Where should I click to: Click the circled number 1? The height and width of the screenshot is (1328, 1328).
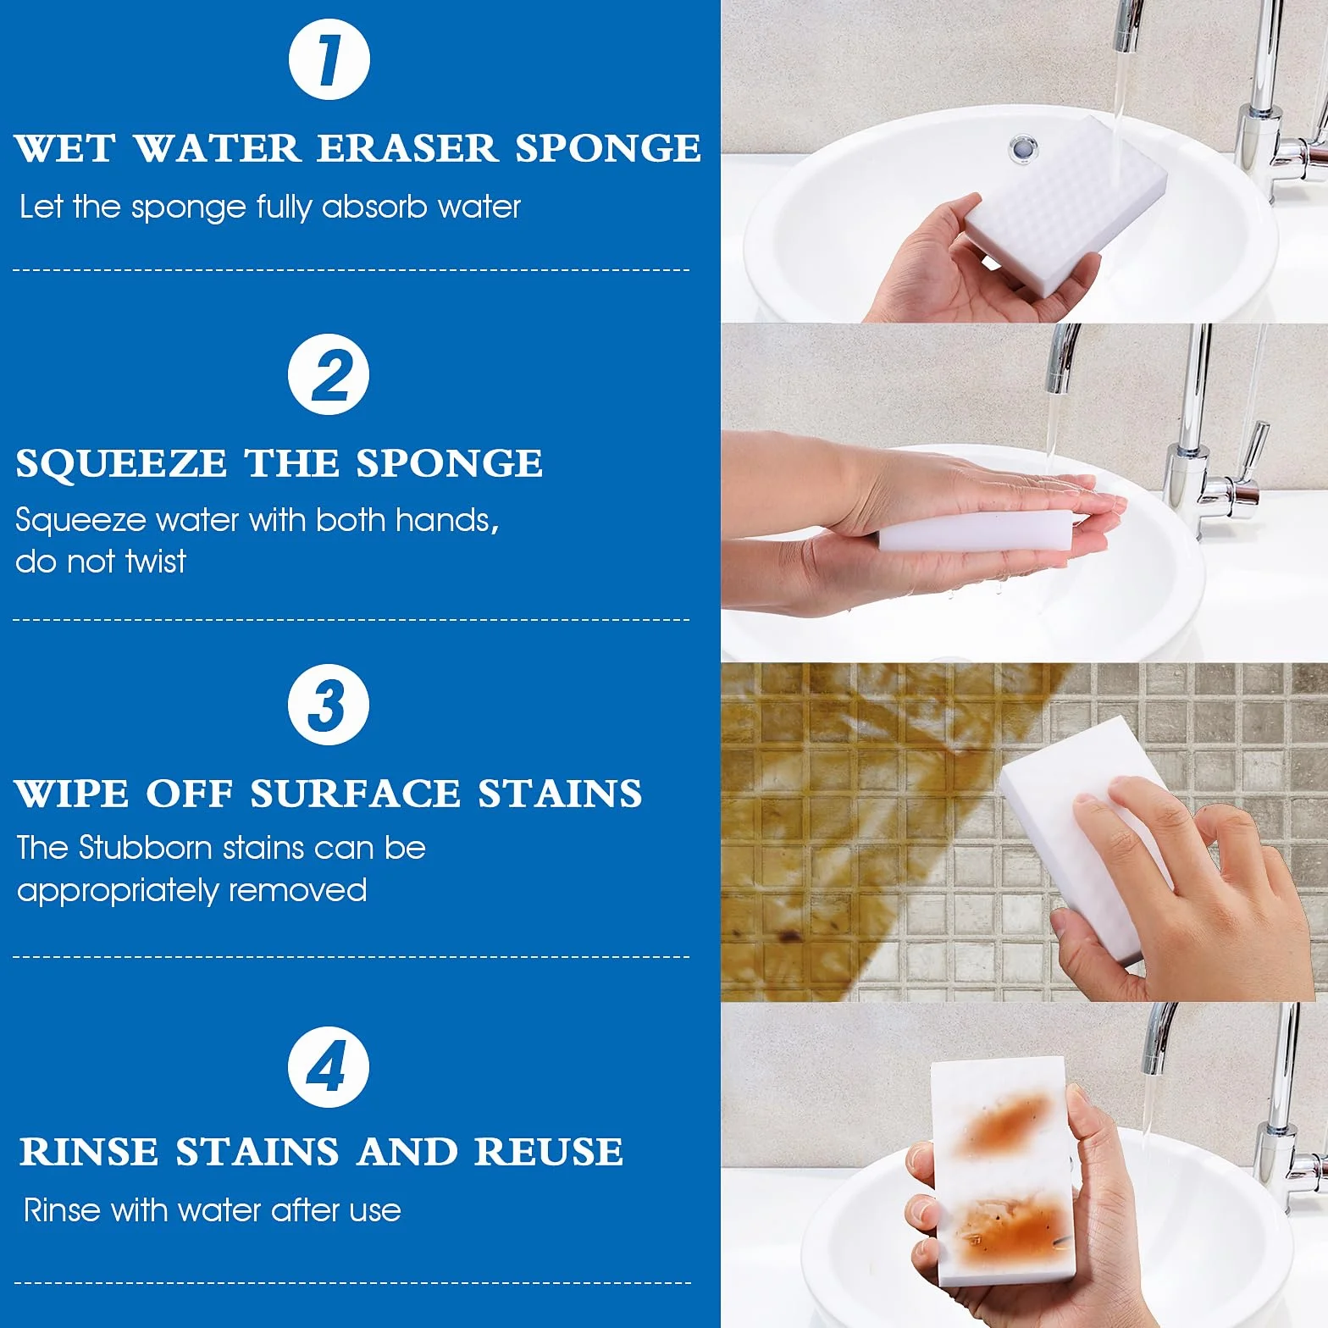pyautogui.click(x=329, y=59)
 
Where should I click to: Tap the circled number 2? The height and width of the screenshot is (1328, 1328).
pyautogui.click(x=329, y=374)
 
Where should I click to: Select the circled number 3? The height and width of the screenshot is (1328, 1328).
pyautogui.click(x=329, y=705)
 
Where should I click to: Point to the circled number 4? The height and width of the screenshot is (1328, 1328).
pyautogui.click(x=329, y=1066)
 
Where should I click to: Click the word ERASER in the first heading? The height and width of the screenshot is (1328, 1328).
pyautogui.click(x=407, y=148)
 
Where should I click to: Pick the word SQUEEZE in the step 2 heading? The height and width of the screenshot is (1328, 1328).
pyautogui.click(x=121, y=463)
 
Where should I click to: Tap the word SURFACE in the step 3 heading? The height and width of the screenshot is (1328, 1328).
pyautogui.click(x=355, y=794)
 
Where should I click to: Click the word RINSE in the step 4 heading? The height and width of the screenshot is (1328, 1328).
pyautogui.click(x=89, y=1152)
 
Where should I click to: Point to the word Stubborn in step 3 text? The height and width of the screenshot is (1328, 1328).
pyautogui.click(x=145, y=848)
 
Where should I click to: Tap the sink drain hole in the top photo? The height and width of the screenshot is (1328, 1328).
pyautogui.click(x=1023, y=147)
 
